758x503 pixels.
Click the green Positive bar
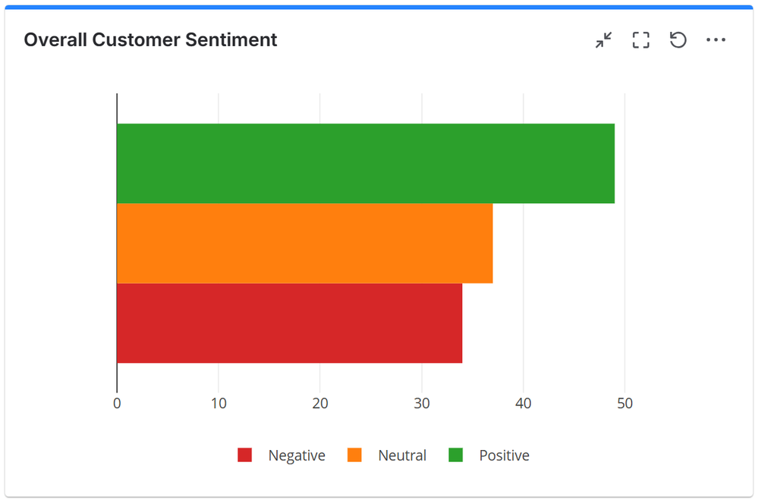[365, 163]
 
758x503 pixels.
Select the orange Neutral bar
[304, 243]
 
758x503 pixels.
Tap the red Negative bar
[289, 323]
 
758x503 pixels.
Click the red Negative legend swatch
[244, 455]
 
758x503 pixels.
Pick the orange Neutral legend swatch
[354, 455]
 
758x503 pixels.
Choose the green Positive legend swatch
[455, 455]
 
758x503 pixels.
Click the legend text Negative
[297, 456]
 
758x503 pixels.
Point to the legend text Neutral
[402, 456]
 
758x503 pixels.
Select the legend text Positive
[504, 456]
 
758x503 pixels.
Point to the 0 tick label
[117, 404]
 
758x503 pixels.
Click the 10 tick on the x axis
[219, 404]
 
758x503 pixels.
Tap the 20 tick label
[320, 404]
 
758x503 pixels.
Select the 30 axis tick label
[422, 404]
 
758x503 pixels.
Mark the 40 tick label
[524, 404]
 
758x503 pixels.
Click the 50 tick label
[624, 404]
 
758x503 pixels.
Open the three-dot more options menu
[716, 40]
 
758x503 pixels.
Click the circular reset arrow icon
[678, 40]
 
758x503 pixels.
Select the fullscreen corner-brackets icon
[641, 40]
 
